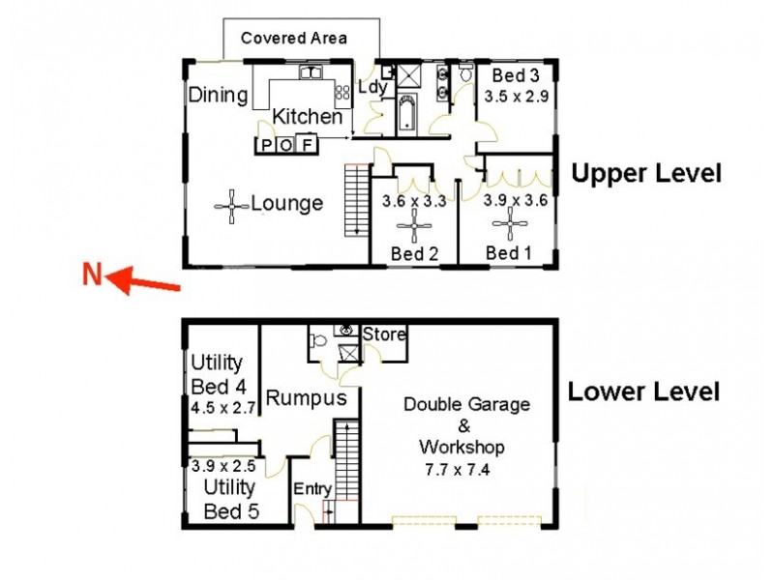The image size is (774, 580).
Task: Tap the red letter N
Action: pos(92,275)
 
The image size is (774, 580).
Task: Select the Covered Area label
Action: pos(293,39)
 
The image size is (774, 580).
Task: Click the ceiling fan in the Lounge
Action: pos(232,205)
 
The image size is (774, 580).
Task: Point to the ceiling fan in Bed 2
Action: pos(414,228)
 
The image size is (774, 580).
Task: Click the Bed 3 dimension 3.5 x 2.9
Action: pos(516,98)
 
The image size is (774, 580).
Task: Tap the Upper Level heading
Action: pos(645,174)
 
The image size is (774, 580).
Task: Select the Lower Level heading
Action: pos(643,391)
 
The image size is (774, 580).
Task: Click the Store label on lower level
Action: pos(384,334)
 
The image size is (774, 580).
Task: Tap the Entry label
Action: pos(312,489)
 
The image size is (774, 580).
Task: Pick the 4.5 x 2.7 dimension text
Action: pos(223,408)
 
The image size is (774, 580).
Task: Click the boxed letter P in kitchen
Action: pos(264,146)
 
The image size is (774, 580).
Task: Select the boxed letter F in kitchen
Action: pos(307,146)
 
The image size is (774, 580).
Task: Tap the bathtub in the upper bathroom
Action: pos(407,115)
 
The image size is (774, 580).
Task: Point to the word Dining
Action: pos(218,95)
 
